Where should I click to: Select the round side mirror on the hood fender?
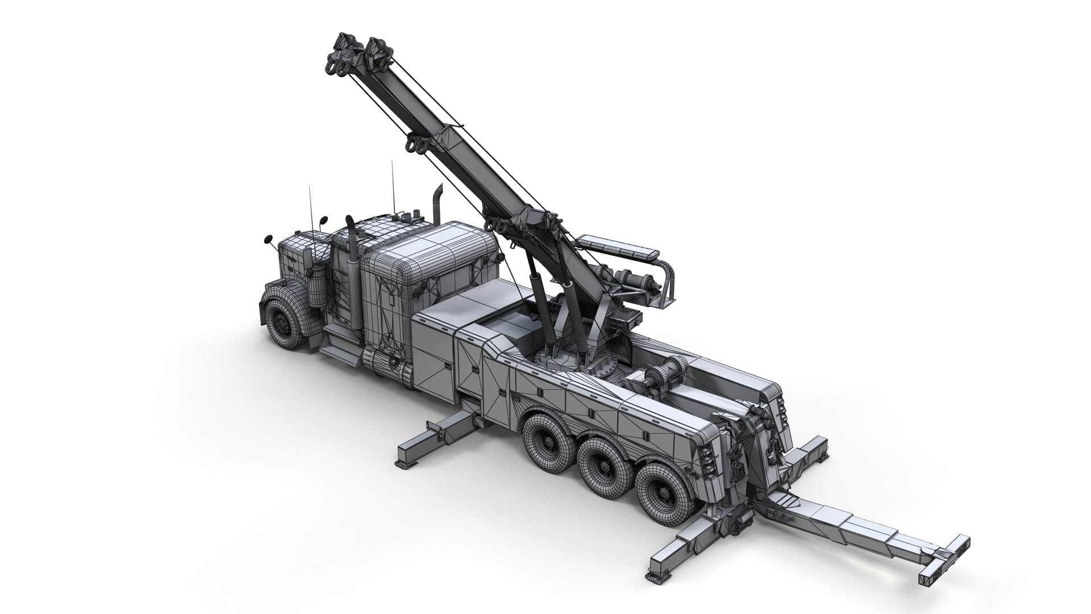coord(267,242)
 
